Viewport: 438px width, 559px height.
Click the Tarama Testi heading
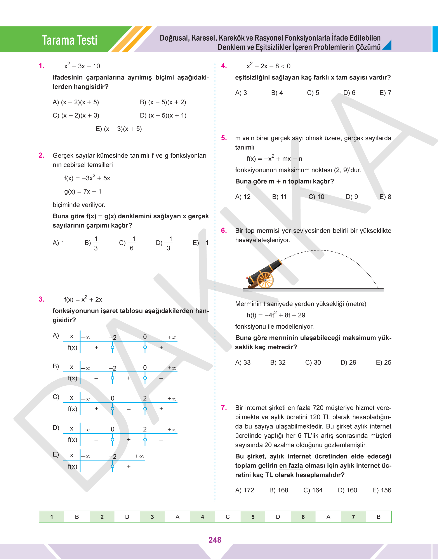(x=70, y=40)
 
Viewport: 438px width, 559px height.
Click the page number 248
(x=215, y=540)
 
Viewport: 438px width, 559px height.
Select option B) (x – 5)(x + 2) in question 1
(x=163, y=102)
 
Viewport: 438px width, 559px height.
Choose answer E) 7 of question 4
(x=385, y=93)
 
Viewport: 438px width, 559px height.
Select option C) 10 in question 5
(x=316, y=197)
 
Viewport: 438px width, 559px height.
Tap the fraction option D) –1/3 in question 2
(x=164, y=243)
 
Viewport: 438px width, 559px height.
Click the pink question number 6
(x=224, y=230)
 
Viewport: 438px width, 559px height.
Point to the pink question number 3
(x=41, y=299)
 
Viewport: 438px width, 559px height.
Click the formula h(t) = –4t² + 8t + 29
(x=276, y=315)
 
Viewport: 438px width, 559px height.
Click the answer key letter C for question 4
(x=228, y=517)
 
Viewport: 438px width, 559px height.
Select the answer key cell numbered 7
(x=353, y=517)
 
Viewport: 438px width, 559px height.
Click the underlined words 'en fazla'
(x=291, y=466)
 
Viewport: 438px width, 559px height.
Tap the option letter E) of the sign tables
(x=56, y=454)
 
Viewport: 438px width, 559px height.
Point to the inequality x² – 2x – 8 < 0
(x=268, y=66)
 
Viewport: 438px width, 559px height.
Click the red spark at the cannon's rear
(x=247, y=278)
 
